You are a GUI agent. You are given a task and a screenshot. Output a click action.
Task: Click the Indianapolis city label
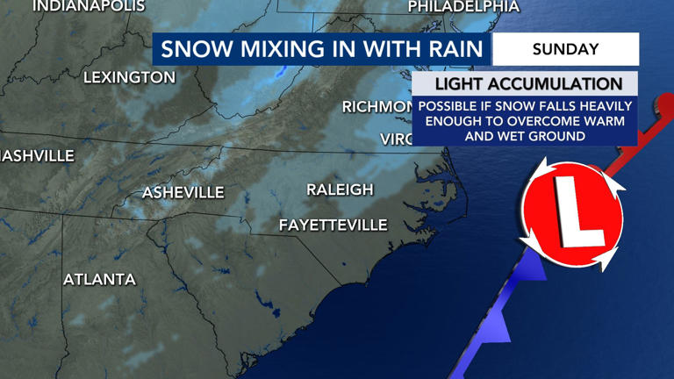point(88,6)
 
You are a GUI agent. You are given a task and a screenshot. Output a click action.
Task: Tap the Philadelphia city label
point(463,7)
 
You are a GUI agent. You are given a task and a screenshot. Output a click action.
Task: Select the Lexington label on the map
point(129,78)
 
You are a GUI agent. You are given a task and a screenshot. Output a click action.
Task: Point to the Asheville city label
point(183,192)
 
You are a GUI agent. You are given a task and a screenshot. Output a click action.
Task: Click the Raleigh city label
point(340,189)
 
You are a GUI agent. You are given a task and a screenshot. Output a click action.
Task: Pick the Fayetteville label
point(333,225)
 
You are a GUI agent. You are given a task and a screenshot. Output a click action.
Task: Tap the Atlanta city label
point(99,280)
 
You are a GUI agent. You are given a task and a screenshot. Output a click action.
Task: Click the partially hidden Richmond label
point(376,107)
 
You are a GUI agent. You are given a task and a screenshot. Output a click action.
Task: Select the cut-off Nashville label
point(37,156)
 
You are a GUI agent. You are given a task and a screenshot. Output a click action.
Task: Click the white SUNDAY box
point(565,49)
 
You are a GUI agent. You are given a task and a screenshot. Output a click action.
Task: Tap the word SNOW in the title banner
point(192,49)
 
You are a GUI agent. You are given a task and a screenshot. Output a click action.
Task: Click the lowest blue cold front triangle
point(498,330)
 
